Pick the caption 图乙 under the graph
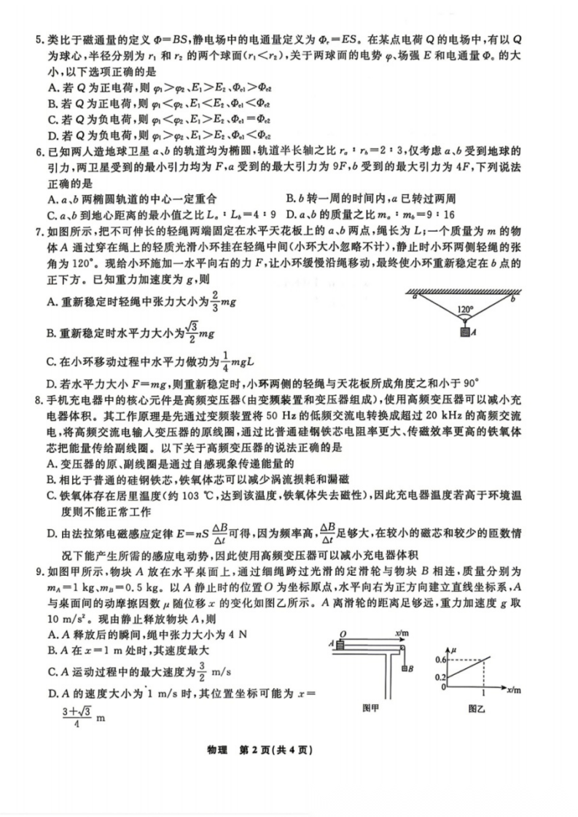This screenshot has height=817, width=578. [478, 707]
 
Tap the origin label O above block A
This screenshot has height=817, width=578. [343, 633]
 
